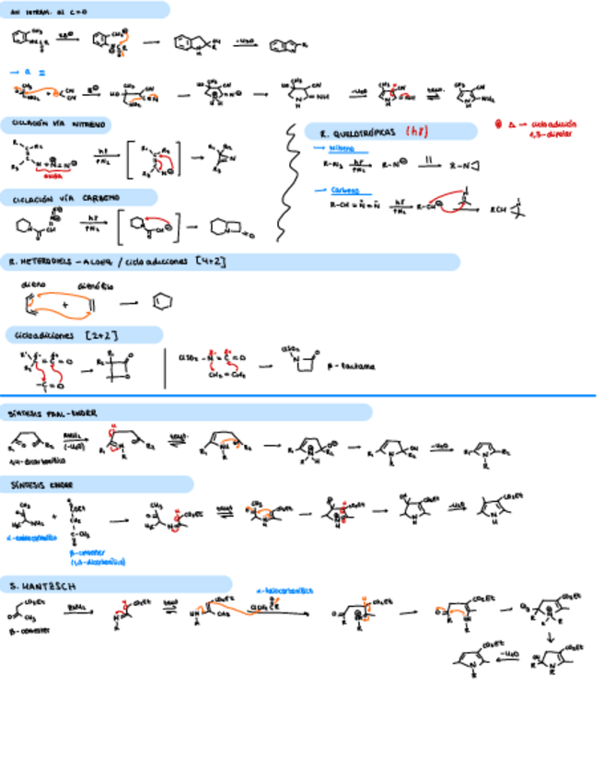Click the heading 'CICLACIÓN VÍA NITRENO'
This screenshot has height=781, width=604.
coord(55,122)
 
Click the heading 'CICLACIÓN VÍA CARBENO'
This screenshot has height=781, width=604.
coord(55,198)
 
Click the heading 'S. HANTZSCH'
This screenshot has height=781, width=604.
coord(38,585)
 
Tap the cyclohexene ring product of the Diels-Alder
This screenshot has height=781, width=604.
coord(158,302)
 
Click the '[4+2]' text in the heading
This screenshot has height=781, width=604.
coord(211,262)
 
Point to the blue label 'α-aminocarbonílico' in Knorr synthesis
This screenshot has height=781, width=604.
coord(29,537)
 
